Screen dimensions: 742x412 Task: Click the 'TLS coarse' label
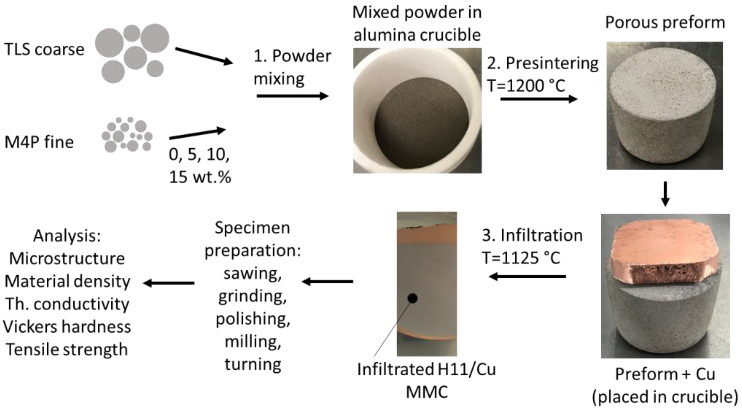coord(44,49)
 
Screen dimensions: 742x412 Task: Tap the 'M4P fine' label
coord(39,142)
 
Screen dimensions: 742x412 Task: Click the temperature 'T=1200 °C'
coord(526,86)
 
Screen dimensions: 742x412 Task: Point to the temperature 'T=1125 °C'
coord(521,258)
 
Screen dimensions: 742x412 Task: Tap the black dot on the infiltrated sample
coord(413,298)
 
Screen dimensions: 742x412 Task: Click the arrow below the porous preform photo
coord(665,193)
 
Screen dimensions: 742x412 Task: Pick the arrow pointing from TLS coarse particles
coord(204,56)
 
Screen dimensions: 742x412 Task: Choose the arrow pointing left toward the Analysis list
coord(169,283)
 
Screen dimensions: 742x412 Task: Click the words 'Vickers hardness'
coord(67,327)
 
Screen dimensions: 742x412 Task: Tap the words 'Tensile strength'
coord(67,350)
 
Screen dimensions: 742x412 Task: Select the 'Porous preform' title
coord(665,22)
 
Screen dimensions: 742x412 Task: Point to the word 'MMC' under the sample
coord(427,392)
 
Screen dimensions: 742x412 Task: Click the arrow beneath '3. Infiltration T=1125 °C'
coord(527,277)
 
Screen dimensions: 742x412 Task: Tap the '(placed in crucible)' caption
coord(665,397)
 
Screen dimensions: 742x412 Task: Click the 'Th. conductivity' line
coord(67,304)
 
